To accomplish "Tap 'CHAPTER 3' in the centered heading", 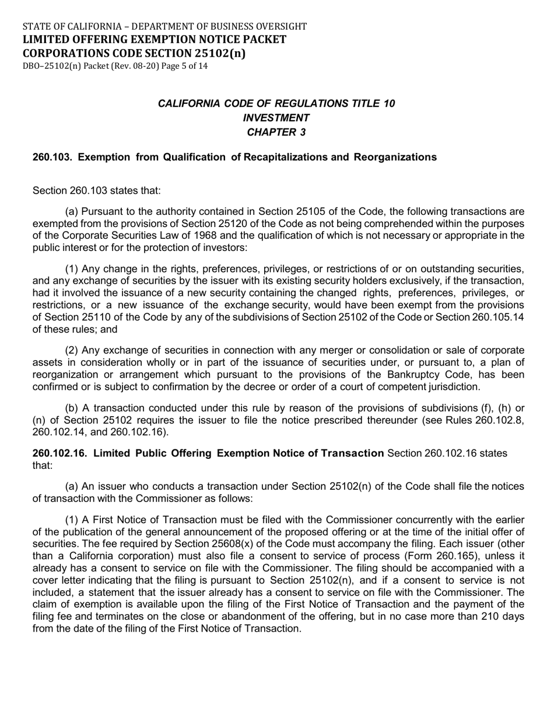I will coord(276,132).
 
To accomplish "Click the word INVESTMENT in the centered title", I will coord(276,117).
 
